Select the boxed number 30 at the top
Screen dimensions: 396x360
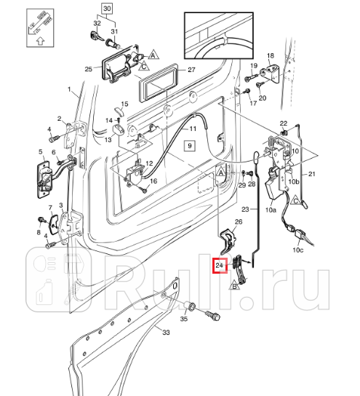[x=107, y=9]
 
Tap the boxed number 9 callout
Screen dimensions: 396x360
[x=188, y=146]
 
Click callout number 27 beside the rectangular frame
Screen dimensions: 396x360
[x=192, y=71]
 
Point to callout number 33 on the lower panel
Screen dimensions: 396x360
[x=165, y=333]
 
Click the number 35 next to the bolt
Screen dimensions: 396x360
[x=184, y=318]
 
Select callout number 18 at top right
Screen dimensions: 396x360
[x=270, y=55]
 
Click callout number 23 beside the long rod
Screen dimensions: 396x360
[x=246, y=209]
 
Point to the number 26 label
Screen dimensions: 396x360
[x=237, y=222]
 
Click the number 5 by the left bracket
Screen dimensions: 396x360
[x=41, y=152]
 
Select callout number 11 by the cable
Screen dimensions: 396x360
[x=193, y=129]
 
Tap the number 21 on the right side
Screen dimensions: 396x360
[x=311, y=175]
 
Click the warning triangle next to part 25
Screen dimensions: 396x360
[x=154, y=54]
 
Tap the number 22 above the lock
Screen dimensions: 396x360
[x=284, y=123]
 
